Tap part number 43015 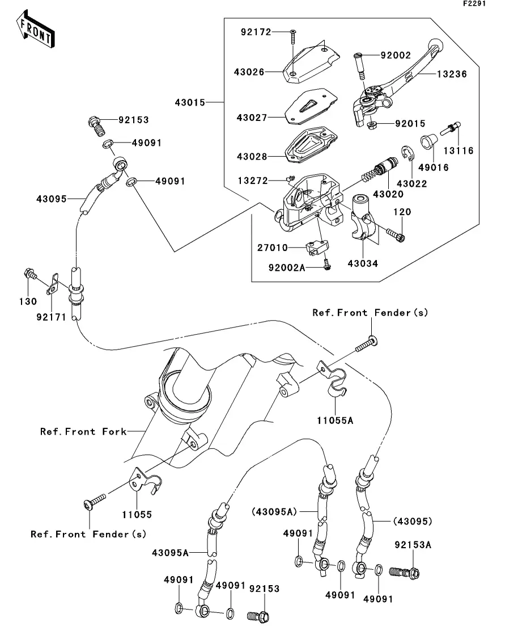tap(190, 103)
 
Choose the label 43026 tap(249, 72)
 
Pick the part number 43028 tap(251, 156)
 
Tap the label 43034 tap(363, 263)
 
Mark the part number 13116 tap(458, 151)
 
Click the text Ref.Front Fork tap(83, 432)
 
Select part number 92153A tap(413, 545)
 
